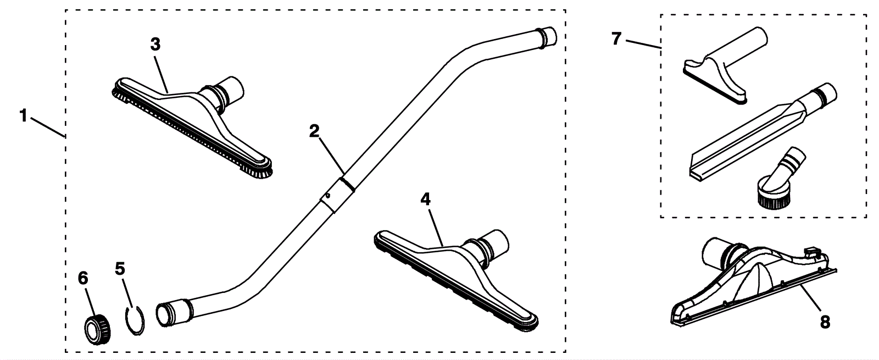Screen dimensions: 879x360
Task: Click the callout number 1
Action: point(23,116)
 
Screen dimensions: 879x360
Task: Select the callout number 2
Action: point(314,131)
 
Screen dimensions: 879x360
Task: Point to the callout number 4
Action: point(425,199)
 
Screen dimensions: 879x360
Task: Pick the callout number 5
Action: point(120,268)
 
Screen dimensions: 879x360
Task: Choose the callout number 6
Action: point(83,279)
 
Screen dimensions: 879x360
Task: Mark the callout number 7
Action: point(616,39)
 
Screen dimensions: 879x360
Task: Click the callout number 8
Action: point(825,322)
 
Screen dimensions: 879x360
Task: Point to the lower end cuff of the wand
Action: point(171,313)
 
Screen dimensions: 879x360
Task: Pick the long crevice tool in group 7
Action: point(758,135)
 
